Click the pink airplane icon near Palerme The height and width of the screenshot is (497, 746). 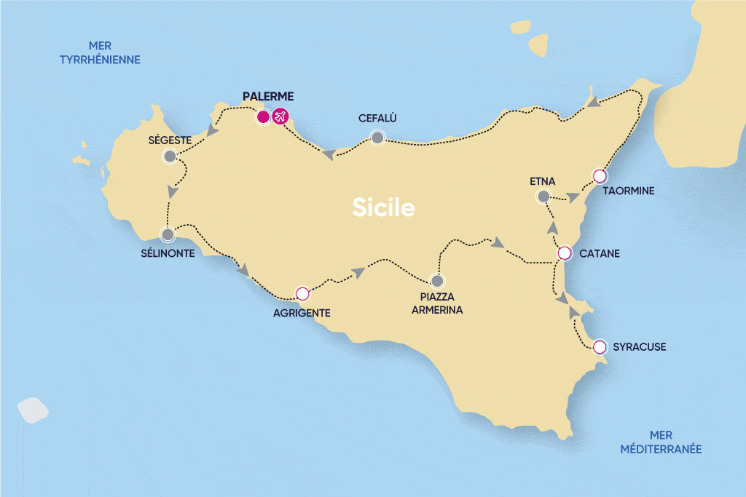coord(280,116)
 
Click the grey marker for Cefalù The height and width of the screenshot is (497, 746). coord(377,137)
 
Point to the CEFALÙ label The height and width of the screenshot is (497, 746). coord(377,118)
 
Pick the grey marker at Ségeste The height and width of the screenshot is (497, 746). coord(170,156)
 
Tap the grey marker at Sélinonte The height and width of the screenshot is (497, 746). coord(168,235)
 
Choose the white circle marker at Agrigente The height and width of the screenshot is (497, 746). coord(302,294)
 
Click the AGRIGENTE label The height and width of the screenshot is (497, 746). coord(303,313)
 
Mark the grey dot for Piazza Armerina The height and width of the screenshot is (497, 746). coord(436,280)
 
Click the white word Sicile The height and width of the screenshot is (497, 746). coord(384,208)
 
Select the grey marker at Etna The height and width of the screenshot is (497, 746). coord(543,196)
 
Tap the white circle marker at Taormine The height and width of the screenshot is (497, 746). coord(600,175)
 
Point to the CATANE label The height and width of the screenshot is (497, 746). coord(600,254)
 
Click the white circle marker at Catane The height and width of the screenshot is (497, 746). coord(564,253)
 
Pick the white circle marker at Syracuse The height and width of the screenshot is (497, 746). coord(600,347)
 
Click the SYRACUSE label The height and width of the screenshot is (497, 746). coord(640,347)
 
